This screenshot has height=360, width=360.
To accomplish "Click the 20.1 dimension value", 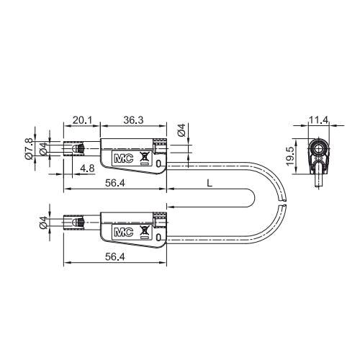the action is click(82, 120).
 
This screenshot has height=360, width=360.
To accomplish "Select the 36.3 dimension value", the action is click(133, 120).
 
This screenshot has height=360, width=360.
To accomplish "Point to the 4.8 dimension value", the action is click(87, 168).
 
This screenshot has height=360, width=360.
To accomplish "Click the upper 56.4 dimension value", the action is click(115, 183).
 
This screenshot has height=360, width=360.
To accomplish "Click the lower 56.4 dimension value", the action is click(115, 257).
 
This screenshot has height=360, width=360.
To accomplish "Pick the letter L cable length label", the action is click(210, 184).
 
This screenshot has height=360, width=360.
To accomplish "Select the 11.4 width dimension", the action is click(318, 120).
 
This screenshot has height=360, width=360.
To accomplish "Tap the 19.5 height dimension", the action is click(290, 156).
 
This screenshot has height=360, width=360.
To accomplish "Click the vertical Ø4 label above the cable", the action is click(181, 130).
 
